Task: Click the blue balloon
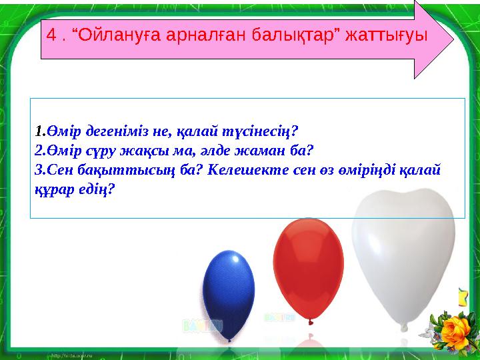[229, 287]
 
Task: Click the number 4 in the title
[51, 35]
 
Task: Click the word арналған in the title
[204, 35]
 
